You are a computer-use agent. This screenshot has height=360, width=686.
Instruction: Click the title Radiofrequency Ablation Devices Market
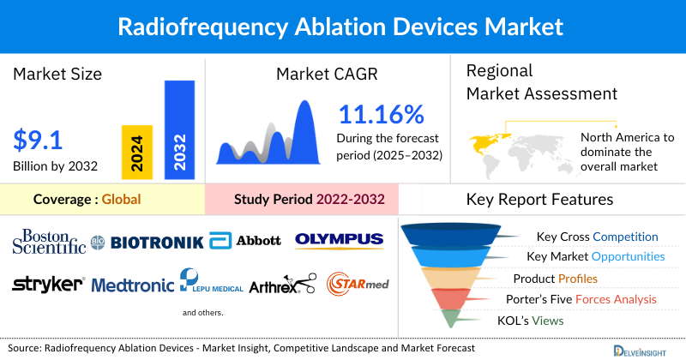tap(343, 26)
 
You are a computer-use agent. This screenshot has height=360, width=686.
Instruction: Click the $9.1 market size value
tap(39, 139)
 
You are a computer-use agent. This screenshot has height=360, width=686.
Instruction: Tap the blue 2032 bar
tap(179, 129)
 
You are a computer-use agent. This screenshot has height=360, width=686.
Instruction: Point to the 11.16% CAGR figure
tap(381, 115)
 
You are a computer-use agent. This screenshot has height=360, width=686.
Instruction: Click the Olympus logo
tap(339, 240)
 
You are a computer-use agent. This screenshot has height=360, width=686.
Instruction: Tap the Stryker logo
tap(48, 284)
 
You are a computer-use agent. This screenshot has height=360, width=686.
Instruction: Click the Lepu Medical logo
tap(209, 282)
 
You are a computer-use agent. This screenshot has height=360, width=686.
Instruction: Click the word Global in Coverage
tap(121, 200)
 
